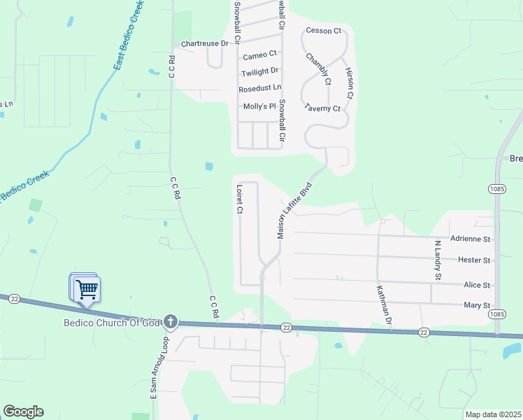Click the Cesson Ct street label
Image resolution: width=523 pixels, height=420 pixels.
(x=323, y=31)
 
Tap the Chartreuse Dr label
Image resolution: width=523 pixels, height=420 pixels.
(x=205, y=43)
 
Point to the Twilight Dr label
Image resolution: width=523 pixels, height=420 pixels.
(x=259, y=72)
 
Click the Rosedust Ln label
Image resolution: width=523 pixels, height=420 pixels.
(x=259, y=88)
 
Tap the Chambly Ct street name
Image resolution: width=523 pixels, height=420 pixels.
(x=318, y=69)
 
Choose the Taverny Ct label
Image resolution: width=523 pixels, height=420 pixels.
(x=322, y=108)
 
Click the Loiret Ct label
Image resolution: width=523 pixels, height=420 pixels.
(x=239, y=199)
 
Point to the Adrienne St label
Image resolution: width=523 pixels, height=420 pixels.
(x=471, y=239)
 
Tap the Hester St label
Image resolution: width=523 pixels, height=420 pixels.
(x=474, y=260)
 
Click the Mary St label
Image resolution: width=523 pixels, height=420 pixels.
(x=477, y=305)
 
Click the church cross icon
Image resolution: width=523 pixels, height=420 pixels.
(x=171, y=323)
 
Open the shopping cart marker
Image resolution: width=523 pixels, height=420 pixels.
(x=87, y=289)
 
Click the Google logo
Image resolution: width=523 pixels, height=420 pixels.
(x=23, y=412)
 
